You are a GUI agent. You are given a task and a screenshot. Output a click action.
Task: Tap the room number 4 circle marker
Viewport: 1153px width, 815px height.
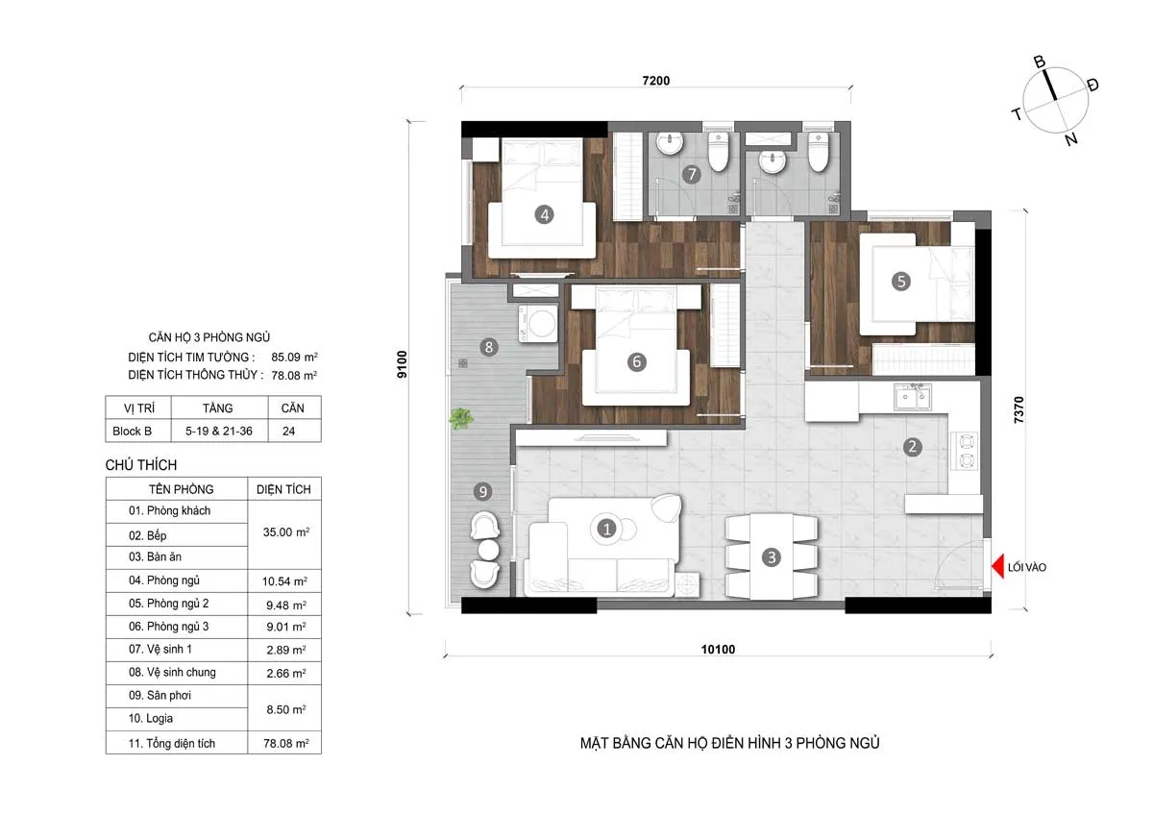tap(545, 215)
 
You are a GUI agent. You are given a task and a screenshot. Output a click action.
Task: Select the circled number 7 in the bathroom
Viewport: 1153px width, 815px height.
tap(690, 175)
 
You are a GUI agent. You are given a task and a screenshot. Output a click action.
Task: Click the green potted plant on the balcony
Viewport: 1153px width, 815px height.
tap(461, 418)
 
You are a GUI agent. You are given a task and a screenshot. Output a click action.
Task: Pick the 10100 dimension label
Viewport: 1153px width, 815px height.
tap(718, 650)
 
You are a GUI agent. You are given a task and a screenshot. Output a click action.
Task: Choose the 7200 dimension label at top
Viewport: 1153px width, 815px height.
tap(655, 81)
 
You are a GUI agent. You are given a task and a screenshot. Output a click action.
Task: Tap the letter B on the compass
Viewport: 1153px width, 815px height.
tap(1039, 62)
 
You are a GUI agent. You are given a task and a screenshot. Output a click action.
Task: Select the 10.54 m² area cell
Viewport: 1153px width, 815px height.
tap(285, 581)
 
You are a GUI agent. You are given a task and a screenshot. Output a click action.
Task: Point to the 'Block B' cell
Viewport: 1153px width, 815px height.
tap(132, 432)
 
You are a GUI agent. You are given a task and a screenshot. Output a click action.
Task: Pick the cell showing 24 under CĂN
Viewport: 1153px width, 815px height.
tap(288, 432)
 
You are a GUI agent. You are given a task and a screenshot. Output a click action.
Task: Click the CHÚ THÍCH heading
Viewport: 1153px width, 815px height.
tap(141, 465)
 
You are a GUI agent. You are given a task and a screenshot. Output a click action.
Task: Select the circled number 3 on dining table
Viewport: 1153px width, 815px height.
tap(772, 556)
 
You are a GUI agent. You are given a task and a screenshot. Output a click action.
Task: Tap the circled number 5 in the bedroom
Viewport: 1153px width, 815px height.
tap(900, 281)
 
